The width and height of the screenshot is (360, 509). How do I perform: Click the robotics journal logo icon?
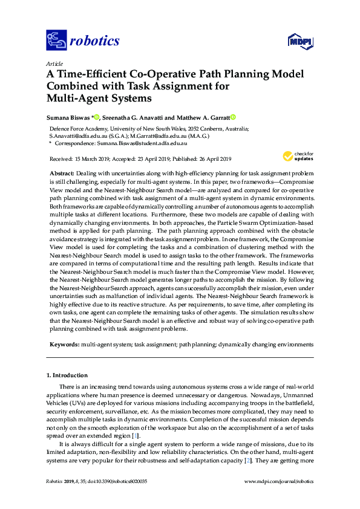(x=57, y=41)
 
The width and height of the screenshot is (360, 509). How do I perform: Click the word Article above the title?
(x=54, y=63)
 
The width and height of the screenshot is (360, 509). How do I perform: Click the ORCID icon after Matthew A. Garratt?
(x=233, y=117)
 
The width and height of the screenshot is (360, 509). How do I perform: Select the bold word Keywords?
(x=64, y=343)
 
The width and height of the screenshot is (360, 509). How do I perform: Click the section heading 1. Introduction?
(x=67, y=375)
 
